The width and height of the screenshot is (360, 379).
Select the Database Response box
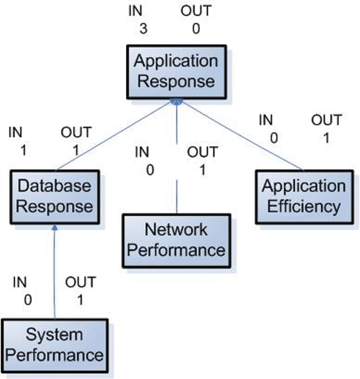coord(54,196)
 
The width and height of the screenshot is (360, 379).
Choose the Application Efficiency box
coord(304,196)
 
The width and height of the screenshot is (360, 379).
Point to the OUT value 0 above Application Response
coord(196,28)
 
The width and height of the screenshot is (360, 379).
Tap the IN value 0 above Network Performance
coord(150,170)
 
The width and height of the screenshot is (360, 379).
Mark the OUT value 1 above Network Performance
coord(202,170)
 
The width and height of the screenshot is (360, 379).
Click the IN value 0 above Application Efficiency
coord(274,139)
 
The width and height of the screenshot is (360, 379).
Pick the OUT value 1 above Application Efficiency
coord(326,139)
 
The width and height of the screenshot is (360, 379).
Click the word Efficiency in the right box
coord(304,207)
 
